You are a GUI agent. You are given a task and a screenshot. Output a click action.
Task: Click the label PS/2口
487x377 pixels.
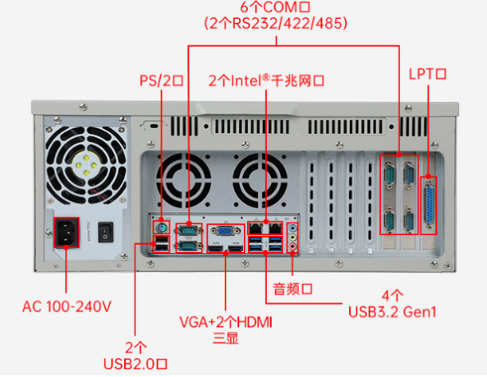[161, 81]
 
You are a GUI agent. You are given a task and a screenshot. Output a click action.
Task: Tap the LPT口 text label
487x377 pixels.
[427, 74]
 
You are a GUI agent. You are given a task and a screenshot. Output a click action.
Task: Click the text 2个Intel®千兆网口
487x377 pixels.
[268, 81]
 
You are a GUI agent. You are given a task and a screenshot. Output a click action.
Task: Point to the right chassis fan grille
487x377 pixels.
[260, 180]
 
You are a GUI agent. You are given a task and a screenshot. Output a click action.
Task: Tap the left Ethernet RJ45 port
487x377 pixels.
[258, 227]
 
